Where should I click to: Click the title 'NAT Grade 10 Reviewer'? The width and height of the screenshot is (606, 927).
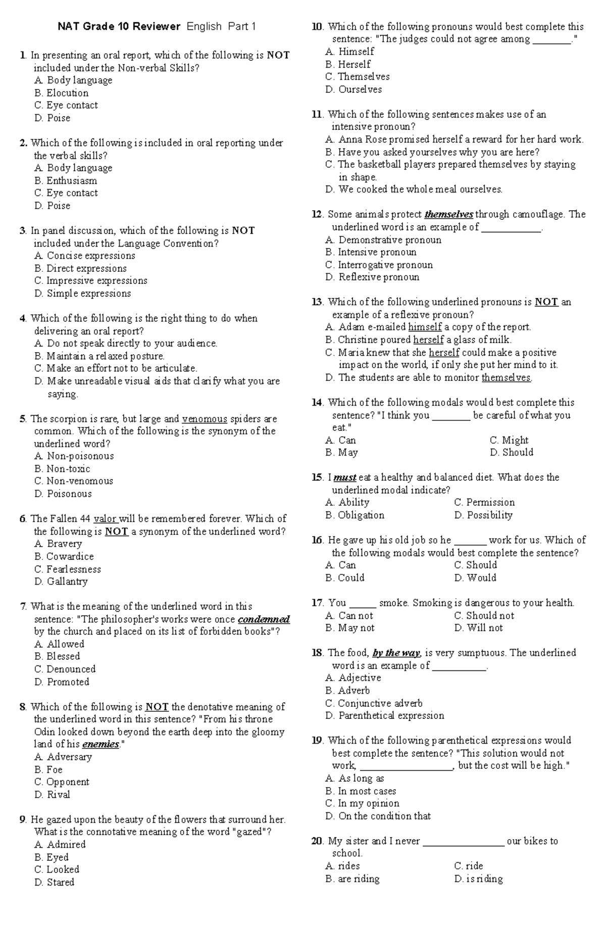point(119,27)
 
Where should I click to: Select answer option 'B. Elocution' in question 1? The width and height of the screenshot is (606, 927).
point(62,93)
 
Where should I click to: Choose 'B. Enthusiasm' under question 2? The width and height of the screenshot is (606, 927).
point(66,181)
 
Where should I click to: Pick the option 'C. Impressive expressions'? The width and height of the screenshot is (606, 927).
point(91,281)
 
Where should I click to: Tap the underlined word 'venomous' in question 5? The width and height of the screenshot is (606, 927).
point(205,419)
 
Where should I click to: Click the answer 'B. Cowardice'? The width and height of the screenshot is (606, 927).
point(64,557)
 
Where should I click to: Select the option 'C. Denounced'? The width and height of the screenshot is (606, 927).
point(65,669)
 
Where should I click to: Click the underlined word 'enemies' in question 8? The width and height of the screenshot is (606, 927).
point(100,744)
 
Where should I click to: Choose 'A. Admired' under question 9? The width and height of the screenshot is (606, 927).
point(60,845)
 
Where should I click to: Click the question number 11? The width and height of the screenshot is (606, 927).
point(317,115)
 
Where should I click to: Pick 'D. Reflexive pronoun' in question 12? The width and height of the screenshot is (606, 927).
point(373,277)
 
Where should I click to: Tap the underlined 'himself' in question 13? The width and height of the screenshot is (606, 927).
point(425,327)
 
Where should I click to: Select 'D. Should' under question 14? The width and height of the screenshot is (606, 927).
point(512,453)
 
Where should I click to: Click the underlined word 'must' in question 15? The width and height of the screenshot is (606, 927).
point(345,477)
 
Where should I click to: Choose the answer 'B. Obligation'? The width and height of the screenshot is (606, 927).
point(355,515)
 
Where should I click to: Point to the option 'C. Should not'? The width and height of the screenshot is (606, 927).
point(484,616)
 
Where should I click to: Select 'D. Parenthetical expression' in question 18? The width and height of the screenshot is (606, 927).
point(385,716)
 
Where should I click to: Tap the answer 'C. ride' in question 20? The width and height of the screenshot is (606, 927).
point(469,866)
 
